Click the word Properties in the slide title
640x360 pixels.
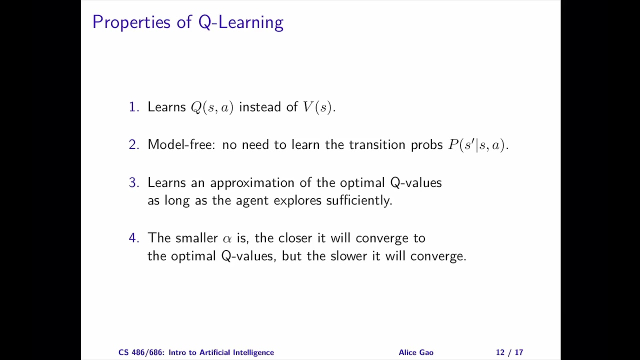[131, 22]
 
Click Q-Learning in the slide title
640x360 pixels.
[241, 22]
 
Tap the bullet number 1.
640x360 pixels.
[133, 107]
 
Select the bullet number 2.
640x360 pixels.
[133, 144]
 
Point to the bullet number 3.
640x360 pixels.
[133, 182]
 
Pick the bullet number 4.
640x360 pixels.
[133, 237]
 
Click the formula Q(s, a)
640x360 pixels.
[212, 107]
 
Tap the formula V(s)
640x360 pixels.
[317, 107]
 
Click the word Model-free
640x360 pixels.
[181, 144]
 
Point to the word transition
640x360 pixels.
[377, 144]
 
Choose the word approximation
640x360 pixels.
[252, 183]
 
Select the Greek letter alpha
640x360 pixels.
[227, 239]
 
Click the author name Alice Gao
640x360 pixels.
[416, 352]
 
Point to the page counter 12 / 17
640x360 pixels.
[509, 352]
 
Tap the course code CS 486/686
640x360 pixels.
[141, 352]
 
